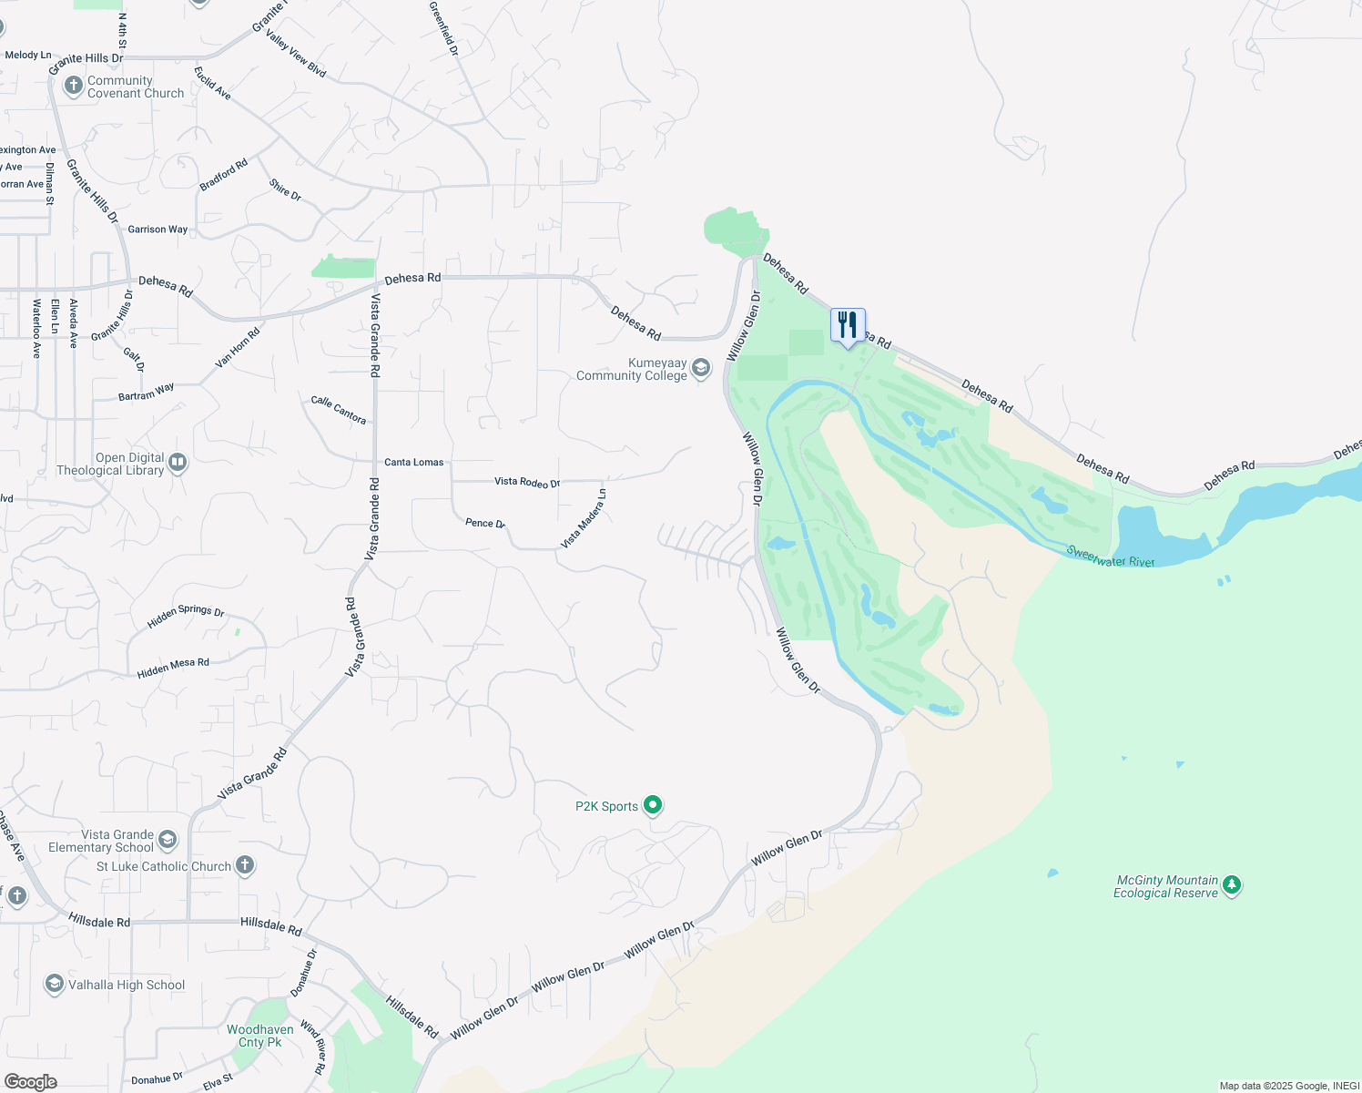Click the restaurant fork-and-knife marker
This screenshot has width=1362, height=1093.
(x=848, y=325)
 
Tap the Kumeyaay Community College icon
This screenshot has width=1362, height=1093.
(x=701, y=368)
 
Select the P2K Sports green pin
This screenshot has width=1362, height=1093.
(x=653, y=805)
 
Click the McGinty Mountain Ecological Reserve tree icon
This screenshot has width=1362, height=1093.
(x=1232, y=884)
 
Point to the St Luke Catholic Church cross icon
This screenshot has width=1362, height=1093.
(x=245, y=865)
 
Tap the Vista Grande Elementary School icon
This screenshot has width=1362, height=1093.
(x=168, y=839)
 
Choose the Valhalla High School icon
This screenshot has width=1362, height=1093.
(x=55, y=984)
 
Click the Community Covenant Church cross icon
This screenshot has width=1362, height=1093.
(x=74, y=87)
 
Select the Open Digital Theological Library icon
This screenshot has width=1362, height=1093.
(x=178, y=463)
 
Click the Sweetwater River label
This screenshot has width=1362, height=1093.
(x=1111, y=557)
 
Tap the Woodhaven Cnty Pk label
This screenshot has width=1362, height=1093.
(x=260, y=1036)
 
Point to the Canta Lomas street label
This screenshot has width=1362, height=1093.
(x=414, y=462)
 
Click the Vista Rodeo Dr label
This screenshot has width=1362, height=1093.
(x=527, y=482)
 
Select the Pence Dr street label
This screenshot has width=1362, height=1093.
(x=485, y=523)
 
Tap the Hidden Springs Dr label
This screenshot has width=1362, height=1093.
(x=186, y=617)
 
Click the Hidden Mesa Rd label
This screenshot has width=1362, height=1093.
(x=173, y=668)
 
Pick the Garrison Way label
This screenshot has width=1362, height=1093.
(x=158, y=230)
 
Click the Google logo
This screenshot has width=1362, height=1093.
(x=31, y=1082)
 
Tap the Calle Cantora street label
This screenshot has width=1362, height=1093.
(x=339, y=410)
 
